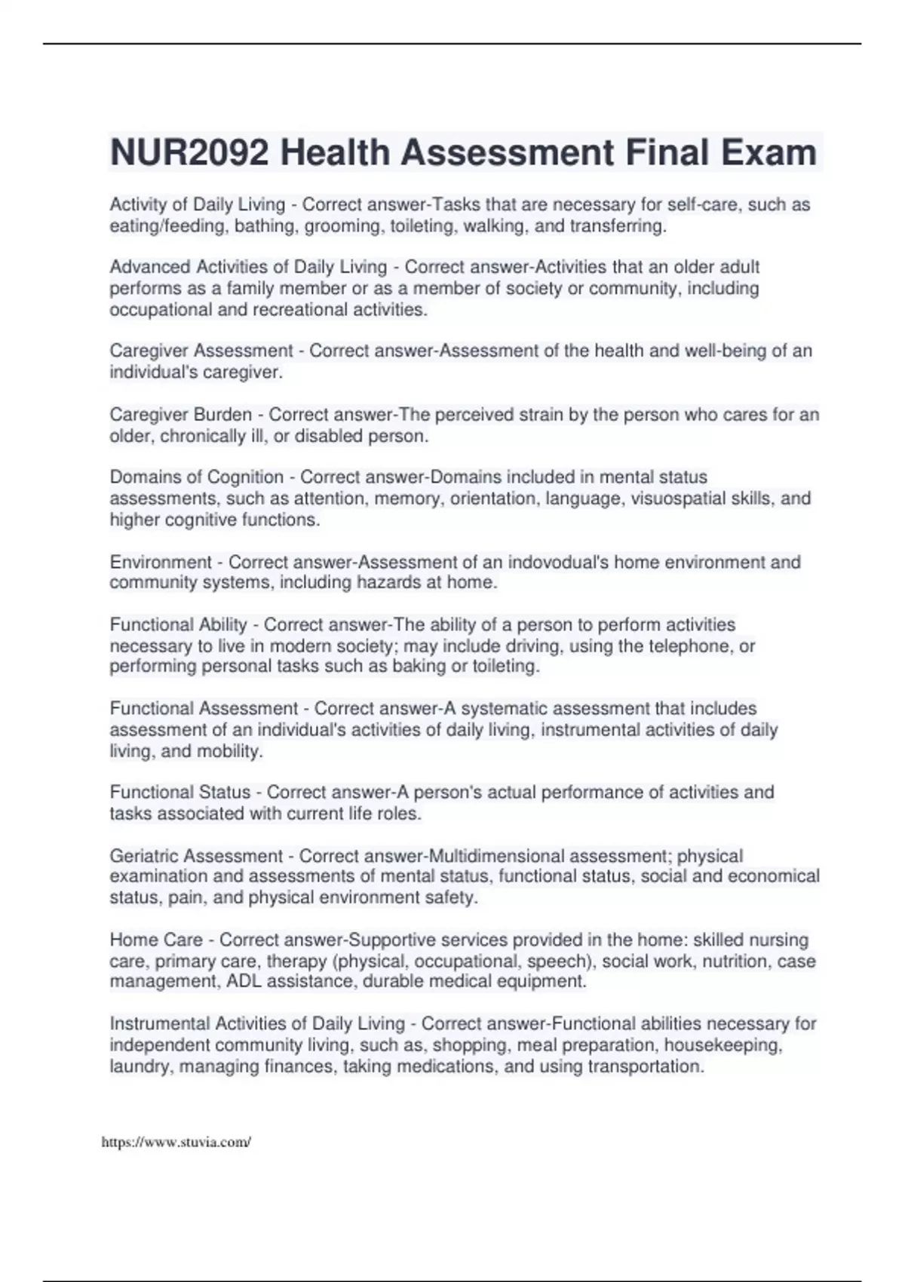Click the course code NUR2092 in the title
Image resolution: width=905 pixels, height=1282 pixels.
189,152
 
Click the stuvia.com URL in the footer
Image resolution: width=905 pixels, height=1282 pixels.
176,1142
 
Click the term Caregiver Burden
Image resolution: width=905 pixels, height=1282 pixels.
181,415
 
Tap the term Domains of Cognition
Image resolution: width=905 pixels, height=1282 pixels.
197,477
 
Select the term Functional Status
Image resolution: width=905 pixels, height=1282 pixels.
180,793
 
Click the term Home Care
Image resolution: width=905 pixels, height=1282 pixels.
156,940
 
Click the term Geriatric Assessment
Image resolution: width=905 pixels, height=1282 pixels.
196,856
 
